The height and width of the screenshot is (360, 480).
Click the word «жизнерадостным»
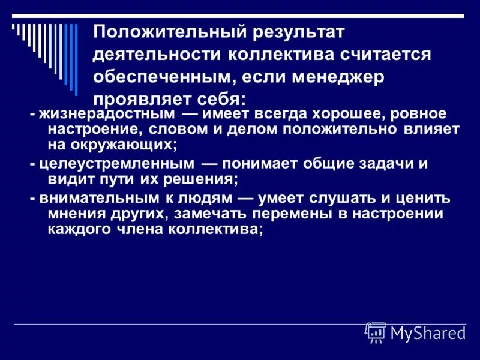pos(99,114)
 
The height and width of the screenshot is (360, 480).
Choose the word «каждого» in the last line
pos(74,229)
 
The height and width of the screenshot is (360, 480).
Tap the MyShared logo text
pos(428,334)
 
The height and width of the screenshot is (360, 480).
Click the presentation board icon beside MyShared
pos(376,332)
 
